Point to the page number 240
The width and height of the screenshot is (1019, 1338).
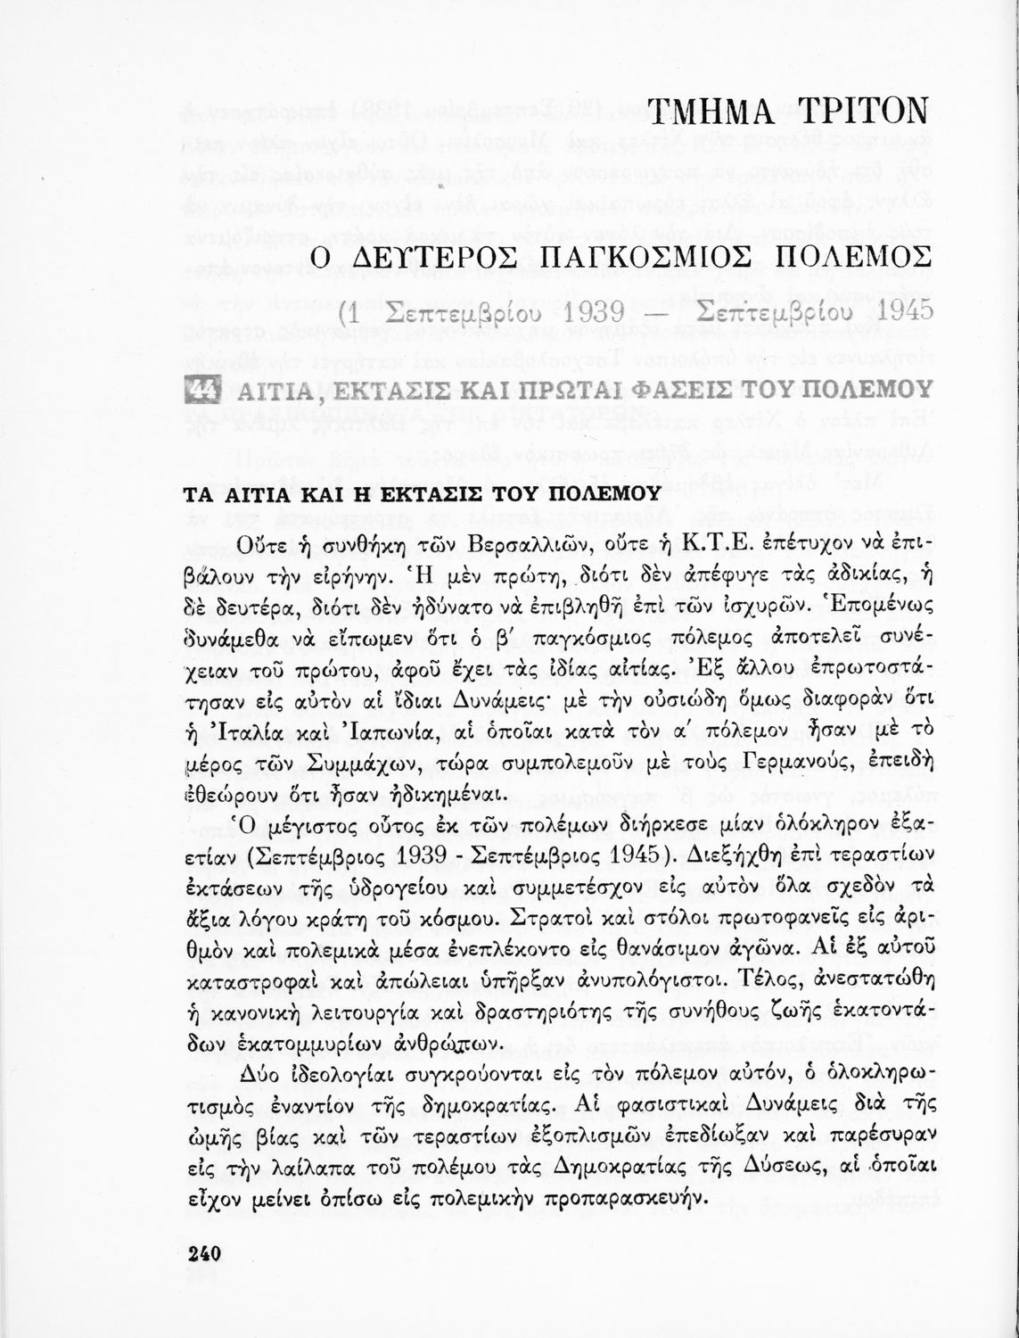204,1253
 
